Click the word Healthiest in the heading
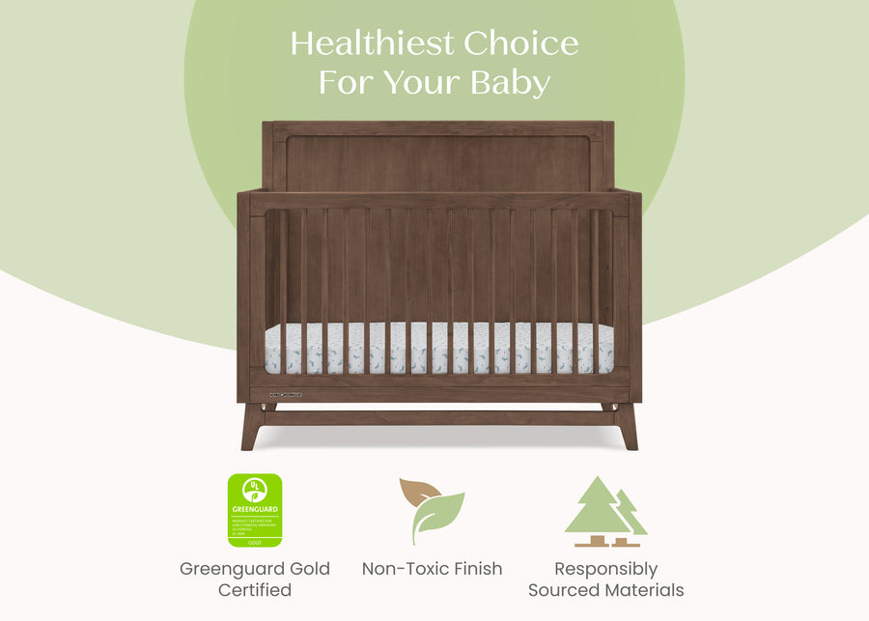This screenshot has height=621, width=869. click(x=372, y=43)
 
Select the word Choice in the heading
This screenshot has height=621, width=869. click(x=521, y=43)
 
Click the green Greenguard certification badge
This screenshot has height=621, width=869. click(x=255, y=510)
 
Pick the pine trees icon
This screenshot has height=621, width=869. click(x=605, y=507)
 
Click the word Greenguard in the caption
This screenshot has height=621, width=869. click(x=229, y=570)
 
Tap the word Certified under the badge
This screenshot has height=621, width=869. click(x=255, y=590)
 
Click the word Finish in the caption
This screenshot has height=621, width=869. click(x=477, y=569)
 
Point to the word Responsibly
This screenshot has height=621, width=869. click(x=605, y=569)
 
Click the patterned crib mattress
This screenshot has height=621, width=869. click(x=439, y=348)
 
